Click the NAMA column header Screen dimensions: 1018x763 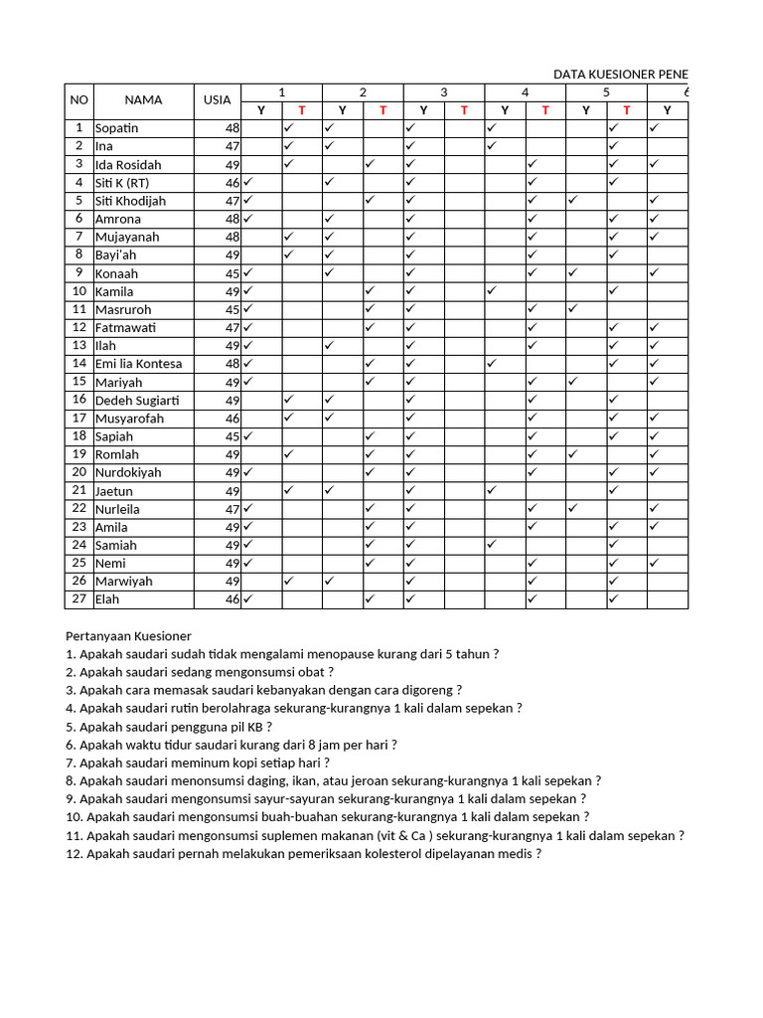coord(143,100)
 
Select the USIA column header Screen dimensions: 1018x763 coord(217,100)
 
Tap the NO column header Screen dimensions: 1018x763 coord(78,100)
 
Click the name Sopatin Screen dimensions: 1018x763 coord(117,128)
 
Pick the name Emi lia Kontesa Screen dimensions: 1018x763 coord(138,364)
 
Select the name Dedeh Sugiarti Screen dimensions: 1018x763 coord(137,400)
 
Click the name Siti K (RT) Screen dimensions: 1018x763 coord(122,183)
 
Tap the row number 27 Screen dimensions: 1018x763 coord(78,599)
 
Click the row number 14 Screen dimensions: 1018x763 coord(78,364)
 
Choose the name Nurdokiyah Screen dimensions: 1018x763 coord(128,472)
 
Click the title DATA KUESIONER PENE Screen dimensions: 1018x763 coord(620,75)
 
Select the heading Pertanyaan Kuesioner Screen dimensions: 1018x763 coord(128,635)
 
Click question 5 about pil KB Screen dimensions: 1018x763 coord(169,726)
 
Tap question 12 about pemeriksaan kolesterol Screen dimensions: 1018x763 coord(303,853)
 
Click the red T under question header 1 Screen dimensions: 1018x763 coord(302,110)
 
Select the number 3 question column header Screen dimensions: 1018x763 coord(444,92)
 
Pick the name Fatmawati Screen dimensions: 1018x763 coord(126,328)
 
